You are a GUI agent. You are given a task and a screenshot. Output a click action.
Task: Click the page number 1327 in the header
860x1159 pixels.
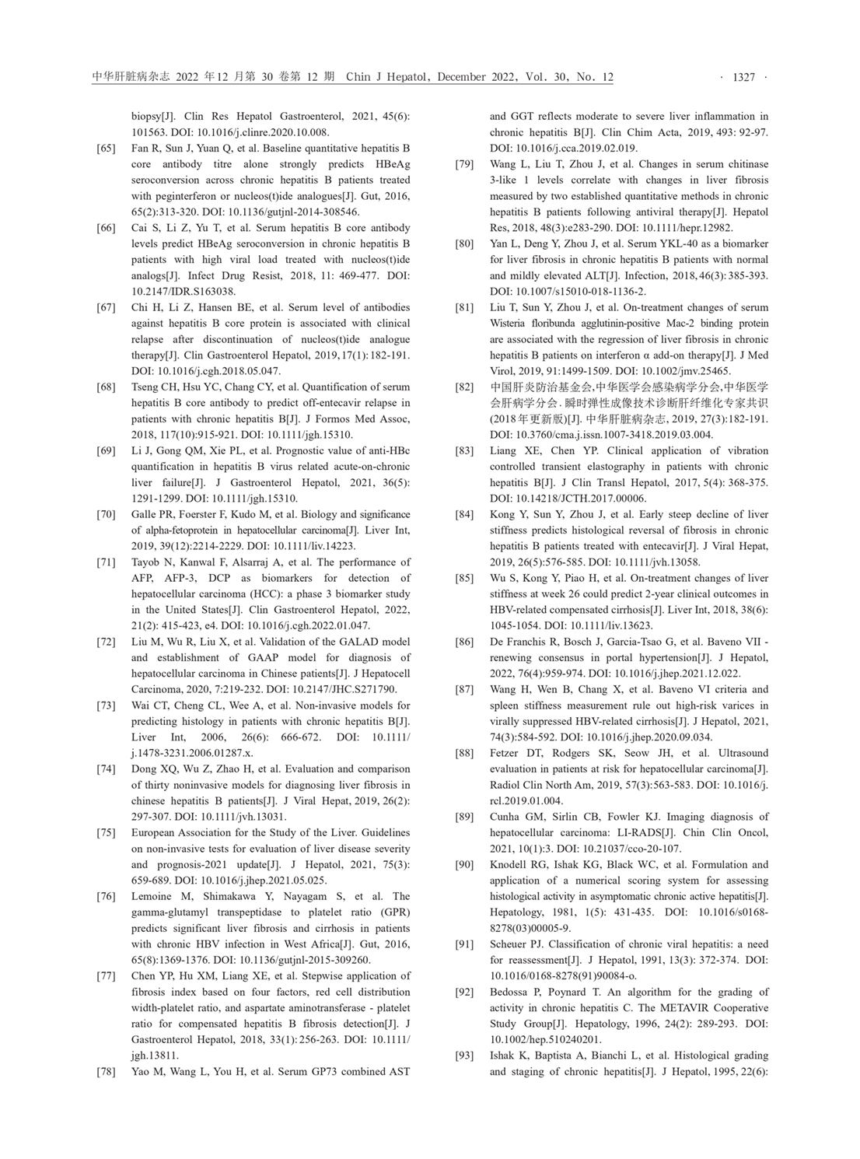tap(744, 77)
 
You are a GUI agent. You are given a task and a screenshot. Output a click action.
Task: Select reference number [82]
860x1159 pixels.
tap(464, 387)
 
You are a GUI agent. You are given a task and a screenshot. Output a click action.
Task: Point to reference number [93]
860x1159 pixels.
tap(464, 1056)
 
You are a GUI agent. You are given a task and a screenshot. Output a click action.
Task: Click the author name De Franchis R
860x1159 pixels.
tap(523, 642)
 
